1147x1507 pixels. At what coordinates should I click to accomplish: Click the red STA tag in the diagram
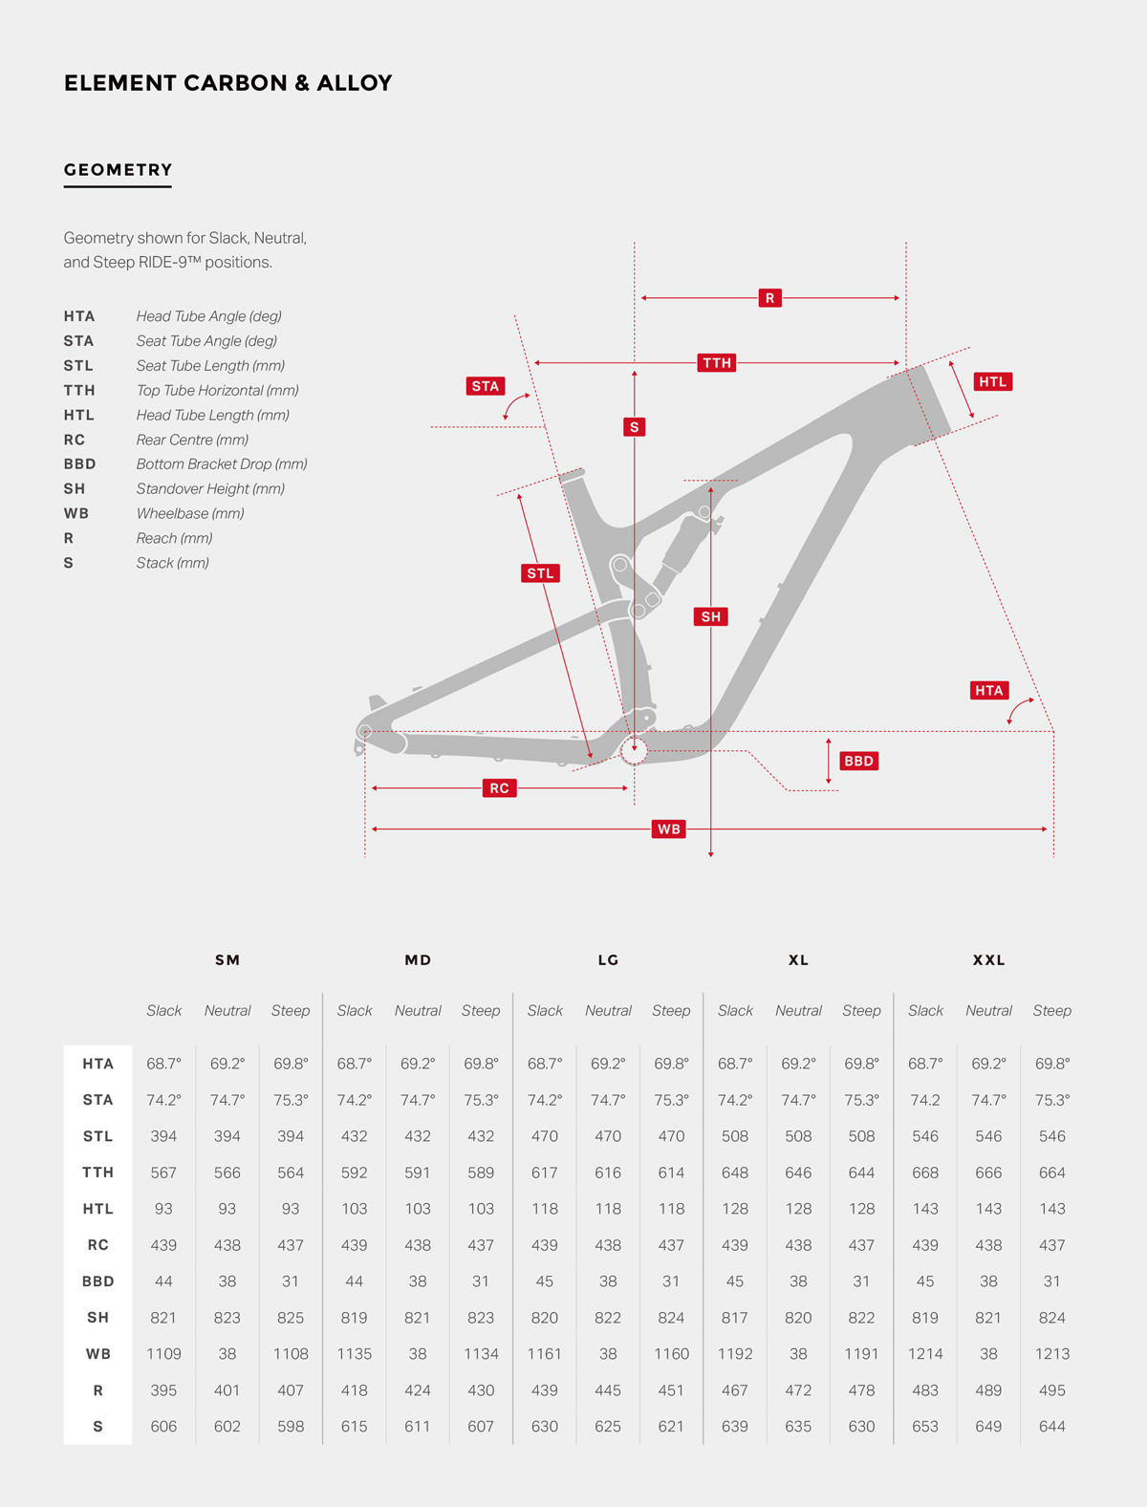[x=486, y=386]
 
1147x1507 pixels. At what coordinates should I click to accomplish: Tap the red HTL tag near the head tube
[x=992, y=381]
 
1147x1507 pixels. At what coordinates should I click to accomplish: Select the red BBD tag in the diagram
[x=858, y=761]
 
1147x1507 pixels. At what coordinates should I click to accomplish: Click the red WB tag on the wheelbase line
[x=668, y=829]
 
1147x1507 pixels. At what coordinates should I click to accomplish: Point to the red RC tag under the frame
[x=499, y=787]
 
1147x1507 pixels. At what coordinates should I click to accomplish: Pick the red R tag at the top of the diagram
[x=769, y=298]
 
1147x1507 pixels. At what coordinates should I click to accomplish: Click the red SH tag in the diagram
[x=710, y=616]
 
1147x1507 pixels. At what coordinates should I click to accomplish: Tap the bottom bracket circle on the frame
[x=634, y=751]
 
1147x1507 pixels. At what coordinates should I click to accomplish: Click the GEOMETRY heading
[x=119, y=169]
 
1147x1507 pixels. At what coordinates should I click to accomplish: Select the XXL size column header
[x=988, y=959]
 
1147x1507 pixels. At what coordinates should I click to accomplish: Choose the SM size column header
[x=227, y=959]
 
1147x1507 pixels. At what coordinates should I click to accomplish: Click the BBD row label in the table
[x=98, y=1281]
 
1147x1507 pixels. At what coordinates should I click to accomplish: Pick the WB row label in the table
[x=98, y=1354]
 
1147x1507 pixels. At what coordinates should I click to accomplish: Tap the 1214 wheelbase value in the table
[x=925, y=1354]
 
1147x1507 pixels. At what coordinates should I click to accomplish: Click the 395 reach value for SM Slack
[x=163, y=1390]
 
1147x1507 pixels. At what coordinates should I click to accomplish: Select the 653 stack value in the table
[x=925, y=1427]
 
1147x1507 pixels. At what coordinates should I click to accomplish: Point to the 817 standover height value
[x=734, y=1318]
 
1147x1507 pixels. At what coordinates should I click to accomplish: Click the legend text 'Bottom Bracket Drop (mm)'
[x=222, y=464]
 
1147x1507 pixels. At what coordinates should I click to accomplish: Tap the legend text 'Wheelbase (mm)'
[x=190, y=513]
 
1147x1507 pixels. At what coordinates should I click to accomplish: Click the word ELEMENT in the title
[x=120, y=83]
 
